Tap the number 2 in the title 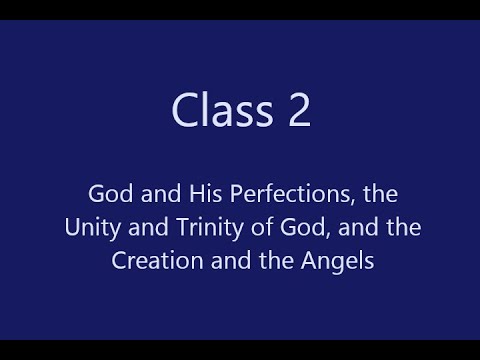298,109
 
